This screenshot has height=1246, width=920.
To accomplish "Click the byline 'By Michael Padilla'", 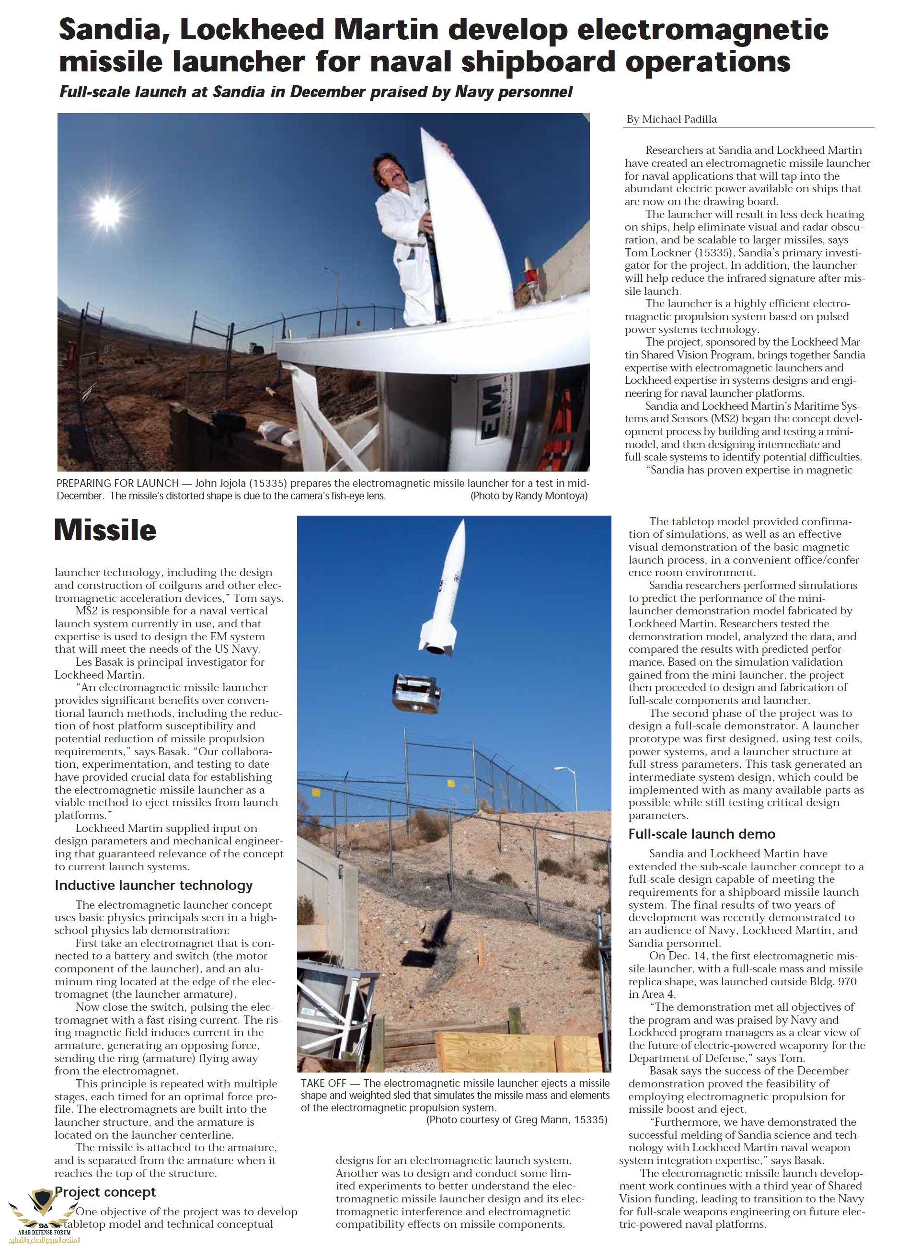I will tap(672, 119).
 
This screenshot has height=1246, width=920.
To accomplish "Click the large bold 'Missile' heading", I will tap(105, 530).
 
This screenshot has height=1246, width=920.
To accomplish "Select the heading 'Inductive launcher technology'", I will tap(154, 885).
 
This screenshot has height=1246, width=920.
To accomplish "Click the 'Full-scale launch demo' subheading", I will tap(701, 834).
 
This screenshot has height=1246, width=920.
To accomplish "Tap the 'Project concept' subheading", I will tap(106, 1192).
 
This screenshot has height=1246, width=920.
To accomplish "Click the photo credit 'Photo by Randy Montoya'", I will tap(529, 496).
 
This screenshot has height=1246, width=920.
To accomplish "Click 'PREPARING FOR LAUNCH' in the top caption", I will tap(117, 483).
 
